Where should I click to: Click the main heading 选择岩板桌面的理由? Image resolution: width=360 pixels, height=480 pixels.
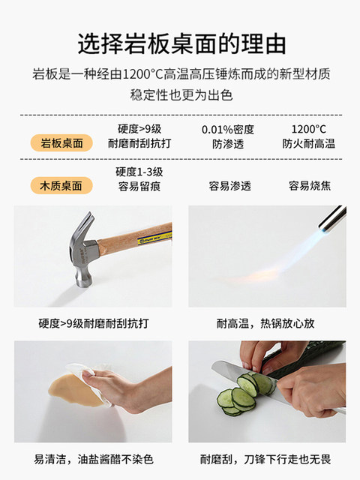point(181,44)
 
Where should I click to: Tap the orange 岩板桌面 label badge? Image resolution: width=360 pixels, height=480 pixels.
point(61,143)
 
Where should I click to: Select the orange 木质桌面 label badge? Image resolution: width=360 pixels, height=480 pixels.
point(61,185)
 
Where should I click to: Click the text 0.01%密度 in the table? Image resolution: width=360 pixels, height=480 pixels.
point(228,130)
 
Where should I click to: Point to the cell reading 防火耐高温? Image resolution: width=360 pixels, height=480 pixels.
point(308,143)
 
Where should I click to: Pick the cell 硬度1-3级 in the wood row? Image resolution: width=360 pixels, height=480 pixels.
point(139,172)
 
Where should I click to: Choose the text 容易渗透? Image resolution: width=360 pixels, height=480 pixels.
point(230,186)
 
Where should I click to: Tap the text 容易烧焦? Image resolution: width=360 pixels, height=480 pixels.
point(310,186)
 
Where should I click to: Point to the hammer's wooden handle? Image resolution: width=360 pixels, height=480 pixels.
point(135,237)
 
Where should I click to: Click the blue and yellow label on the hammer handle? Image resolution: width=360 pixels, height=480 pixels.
point(154,238)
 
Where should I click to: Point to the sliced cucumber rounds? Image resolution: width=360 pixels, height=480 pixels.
point(241,394)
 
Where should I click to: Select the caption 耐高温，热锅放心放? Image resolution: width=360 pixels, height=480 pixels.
point(265,323)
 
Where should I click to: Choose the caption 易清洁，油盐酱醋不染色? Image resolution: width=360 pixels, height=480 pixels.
point(93,459)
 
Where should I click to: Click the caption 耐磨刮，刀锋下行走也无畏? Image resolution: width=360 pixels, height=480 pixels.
point(265,459)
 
